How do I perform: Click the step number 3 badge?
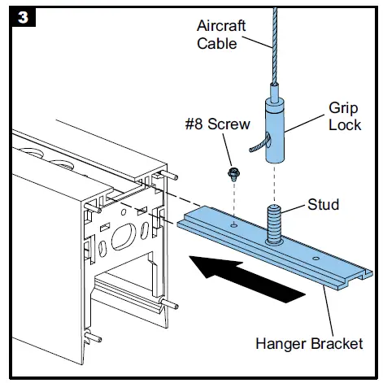pyautogui.click(x=23, y=18)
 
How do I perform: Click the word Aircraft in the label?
pyautogui.click(x=221, y=26)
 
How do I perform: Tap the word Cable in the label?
pyautogui.click(x=217, y=43)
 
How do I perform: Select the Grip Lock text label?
pyautogui.click(x=345, y=116)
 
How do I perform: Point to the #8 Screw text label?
pyautogui.click(x=217, y=124)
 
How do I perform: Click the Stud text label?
pyautogui.click(x=323, y=204)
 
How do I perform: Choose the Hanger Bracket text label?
pyautogui.click(x=309, y=344)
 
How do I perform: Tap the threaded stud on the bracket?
pyautogui.click(x=274, y=224)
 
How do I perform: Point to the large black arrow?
pyautogui.click(x=246, y=278)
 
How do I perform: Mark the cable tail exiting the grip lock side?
pyautogui.click(x=260, y=143)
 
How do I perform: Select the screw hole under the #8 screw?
pyautogui.click(x=234, y=224)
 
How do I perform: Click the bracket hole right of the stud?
pyautogui.click(x=316, y=258)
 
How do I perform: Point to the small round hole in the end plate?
pyautogui.click(x=124, y=212)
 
